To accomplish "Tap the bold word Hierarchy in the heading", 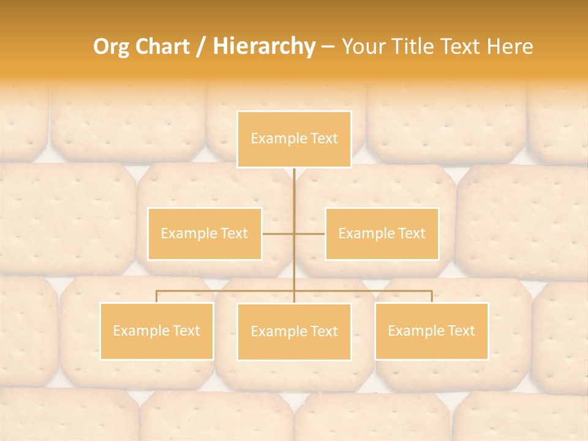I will [263, 47].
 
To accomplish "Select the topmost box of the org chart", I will [294, 139].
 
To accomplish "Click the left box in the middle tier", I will [205, 233].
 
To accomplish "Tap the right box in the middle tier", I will [382, 233].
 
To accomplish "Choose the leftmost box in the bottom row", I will [157, 331].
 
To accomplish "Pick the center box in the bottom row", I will [294, 331].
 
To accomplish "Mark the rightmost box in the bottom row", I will [431, 331].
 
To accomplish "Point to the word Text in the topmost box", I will [324, 139].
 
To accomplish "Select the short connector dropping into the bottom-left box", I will [157, 296].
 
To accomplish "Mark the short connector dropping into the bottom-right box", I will [431, 296].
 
